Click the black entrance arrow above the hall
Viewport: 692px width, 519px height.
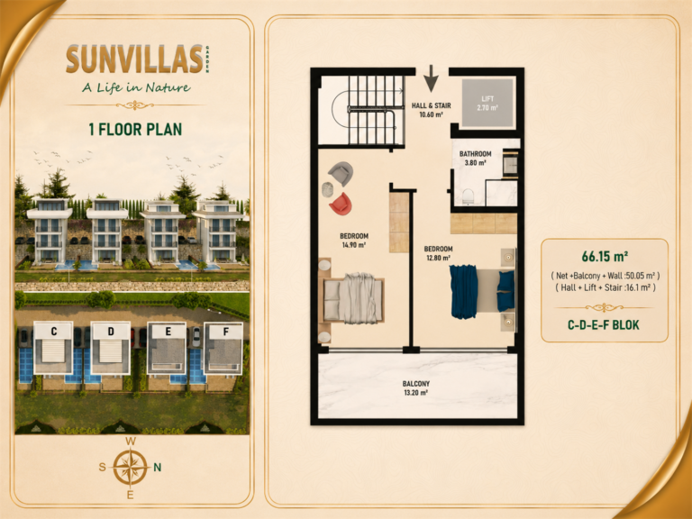(432, 78)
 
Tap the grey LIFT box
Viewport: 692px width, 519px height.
(487, 104)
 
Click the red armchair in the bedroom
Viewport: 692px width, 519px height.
(341, 204)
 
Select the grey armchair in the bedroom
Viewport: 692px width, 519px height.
(341, 173)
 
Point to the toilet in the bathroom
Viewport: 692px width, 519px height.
(468, 196)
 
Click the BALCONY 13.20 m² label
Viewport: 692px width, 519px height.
(415, 388)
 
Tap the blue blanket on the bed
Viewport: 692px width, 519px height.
(463, 291)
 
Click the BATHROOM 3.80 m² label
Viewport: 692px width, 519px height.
(476, 158)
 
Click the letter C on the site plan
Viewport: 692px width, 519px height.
(54, 332)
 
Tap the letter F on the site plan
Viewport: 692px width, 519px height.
(226, 332)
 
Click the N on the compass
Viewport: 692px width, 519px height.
(157, 468)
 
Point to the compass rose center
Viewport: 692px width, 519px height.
(130, 467)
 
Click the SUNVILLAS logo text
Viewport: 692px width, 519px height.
(134, 59)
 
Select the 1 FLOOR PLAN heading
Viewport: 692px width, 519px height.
(135, 130)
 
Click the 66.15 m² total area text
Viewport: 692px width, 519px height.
(605, 257)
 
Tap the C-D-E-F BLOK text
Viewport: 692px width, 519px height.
(604, 325)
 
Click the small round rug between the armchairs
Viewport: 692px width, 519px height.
(327, 189)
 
